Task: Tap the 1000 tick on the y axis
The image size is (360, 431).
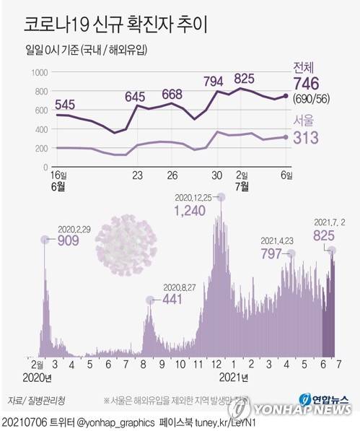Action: point(38,73)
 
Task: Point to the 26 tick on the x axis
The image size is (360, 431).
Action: point(172,175)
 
